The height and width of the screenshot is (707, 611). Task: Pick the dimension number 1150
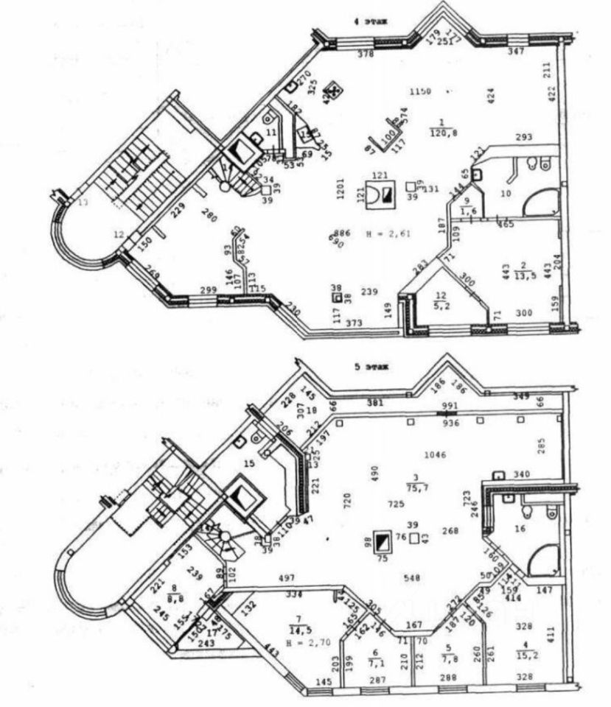[x=419, y=91]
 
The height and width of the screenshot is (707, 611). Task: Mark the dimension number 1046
[x=436, y=455]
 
